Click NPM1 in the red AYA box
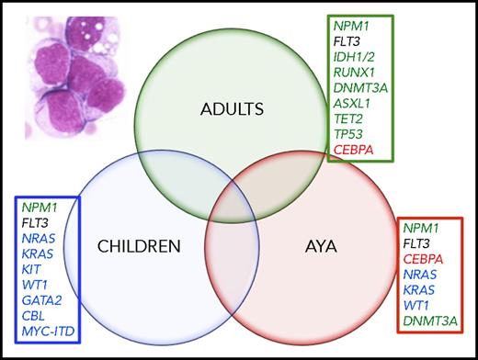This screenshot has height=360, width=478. tap(423, 225)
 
